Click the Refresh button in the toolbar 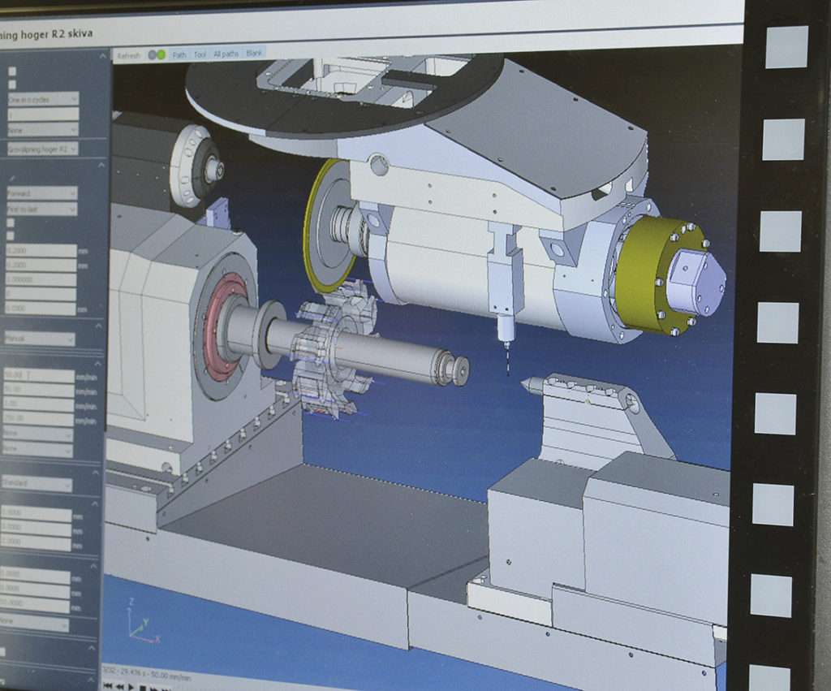[x=128, y=55]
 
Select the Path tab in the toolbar [x=179, y=54]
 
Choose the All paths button [x=226, y=54]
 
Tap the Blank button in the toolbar [x=254, y=53]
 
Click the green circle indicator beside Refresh [x=161, y=54]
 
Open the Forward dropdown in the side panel [x=41, y=193]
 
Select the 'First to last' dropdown [x=41, y=209]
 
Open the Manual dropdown [x=39, y=339]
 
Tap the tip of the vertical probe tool [x=507, y=373]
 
